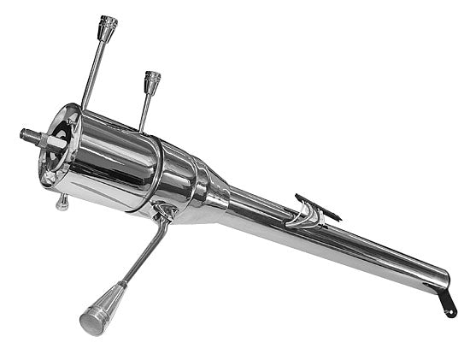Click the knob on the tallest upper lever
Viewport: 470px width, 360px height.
108,28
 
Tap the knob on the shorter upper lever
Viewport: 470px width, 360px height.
152,82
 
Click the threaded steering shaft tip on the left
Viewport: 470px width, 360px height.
31,134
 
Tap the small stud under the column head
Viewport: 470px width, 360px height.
62,202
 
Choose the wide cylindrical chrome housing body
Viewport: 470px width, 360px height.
128,162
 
